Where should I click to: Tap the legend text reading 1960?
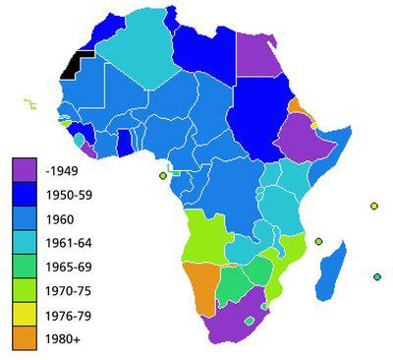(61, 218)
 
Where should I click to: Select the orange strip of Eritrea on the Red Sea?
(296, 107)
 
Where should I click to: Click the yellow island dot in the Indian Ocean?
(373, 206)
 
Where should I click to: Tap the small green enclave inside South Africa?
(249, 320)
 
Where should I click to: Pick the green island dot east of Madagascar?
(376, 276)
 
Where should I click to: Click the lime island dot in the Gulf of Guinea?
(162, 176)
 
